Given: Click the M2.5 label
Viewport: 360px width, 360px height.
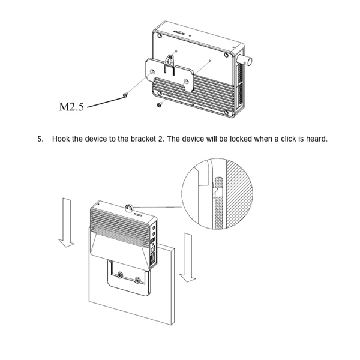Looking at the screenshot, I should click(x=72, y=107).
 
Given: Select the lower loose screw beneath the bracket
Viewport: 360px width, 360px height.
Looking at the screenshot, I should click(x=158, y=106).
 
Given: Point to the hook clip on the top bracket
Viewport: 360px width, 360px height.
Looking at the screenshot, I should click(x=172, y=61).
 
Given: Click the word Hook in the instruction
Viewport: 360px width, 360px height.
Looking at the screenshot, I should click(x=61, y=139).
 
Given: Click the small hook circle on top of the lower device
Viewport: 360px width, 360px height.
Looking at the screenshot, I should click(x=129, y=208).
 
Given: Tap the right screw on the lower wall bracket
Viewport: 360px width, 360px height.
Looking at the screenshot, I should click(x=139, y=280).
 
